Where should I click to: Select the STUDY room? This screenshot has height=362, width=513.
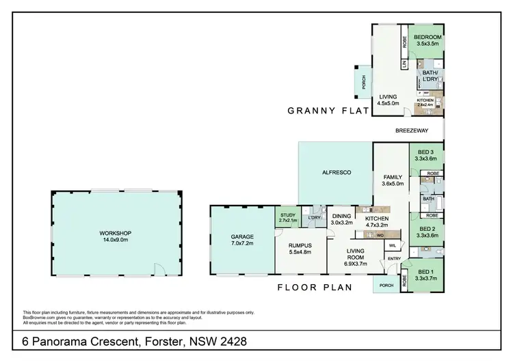click(x=287, y=218)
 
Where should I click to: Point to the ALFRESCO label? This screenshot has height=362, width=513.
click(x=335, y=173)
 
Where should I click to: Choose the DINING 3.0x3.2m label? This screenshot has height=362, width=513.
click(x=341, y=219)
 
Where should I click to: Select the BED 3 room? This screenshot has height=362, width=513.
click(x=425, y=155)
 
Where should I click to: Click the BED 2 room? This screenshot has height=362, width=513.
click(x=426, y=232)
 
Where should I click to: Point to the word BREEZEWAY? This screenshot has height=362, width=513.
click(x=412, y=130)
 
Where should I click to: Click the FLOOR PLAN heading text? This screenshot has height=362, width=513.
click(x=315, y=288)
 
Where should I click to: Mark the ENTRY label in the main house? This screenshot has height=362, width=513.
click(x=394, y=259)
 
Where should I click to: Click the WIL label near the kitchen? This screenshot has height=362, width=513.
click(x=393, y=245)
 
